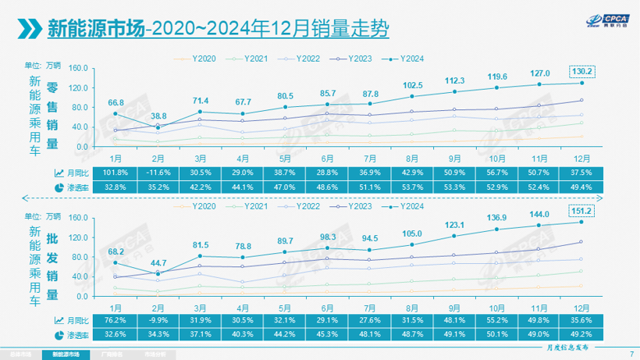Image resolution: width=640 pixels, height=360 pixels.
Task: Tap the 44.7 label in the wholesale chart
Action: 159,261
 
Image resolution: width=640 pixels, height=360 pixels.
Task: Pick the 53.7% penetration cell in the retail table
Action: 411,187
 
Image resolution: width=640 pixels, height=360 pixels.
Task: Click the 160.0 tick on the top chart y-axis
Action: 76,67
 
